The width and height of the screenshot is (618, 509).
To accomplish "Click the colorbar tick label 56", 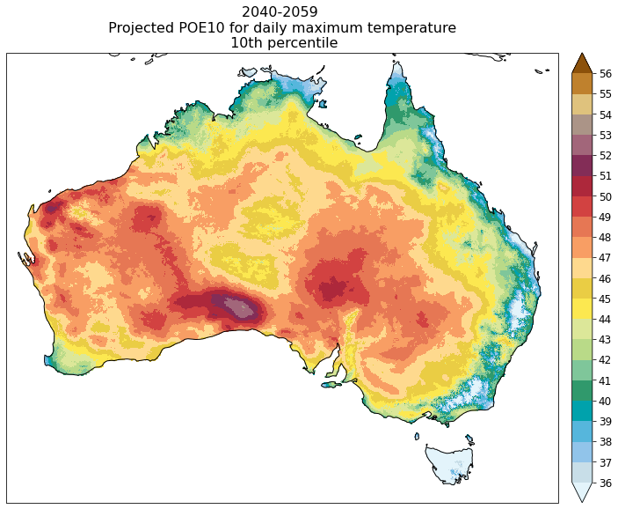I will (607, 73).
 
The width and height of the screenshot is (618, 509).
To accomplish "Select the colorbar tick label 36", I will (607, 483).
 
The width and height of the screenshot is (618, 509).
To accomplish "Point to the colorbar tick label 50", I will (607, 196).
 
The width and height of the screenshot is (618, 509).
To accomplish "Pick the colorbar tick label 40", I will (607, 401).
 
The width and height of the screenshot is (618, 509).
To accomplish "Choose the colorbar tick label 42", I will (607, 360).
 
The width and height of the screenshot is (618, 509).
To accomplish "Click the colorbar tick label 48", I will (607, 237).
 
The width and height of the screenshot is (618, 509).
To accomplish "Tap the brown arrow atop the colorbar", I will (581, 63).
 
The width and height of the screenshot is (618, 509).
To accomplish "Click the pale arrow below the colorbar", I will (581, 491).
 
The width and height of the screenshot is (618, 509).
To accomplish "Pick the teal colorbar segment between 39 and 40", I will (581, 411).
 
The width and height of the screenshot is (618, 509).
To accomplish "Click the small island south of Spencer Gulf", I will (332, 384).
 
